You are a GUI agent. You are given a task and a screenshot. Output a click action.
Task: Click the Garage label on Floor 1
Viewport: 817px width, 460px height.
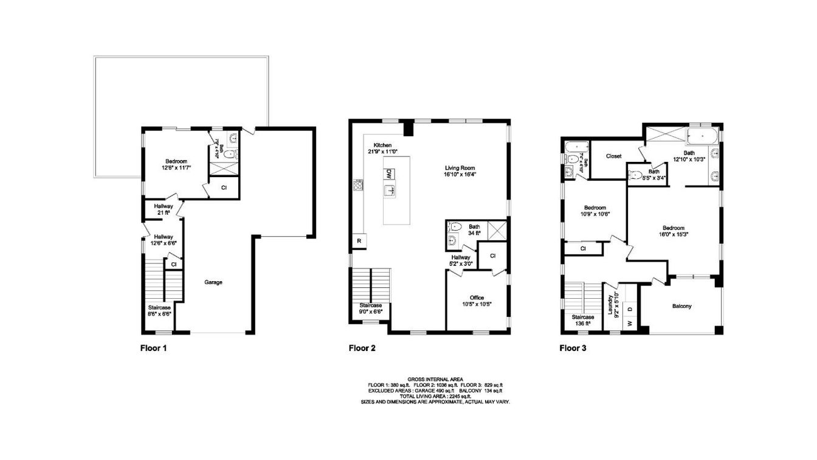(x=213, y=282)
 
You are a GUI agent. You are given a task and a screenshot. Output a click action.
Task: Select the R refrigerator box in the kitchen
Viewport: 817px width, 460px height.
(x=359, y=242)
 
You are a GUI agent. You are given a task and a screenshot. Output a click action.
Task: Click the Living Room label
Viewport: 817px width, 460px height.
(x=459, y=167)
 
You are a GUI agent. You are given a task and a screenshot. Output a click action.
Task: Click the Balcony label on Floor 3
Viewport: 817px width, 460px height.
(x=681, y=306)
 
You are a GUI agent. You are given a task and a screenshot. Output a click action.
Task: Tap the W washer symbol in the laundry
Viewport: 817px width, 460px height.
(x=630, y=323)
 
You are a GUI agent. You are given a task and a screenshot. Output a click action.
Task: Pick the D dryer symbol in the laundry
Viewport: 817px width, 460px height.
(x=630, y=309)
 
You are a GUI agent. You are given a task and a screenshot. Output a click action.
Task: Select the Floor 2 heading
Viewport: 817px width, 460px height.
(x=362, y=349)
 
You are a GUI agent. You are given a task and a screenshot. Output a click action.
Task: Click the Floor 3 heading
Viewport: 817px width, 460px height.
(x=573, y=349)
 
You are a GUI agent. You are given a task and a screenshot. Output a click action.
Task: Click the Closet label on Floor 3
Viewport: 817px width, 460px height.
(x=613, y=156)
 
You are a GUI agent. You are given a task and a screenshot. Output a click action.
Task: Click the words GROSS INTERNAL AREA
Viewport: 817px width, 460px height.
(x=435, y=379)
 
